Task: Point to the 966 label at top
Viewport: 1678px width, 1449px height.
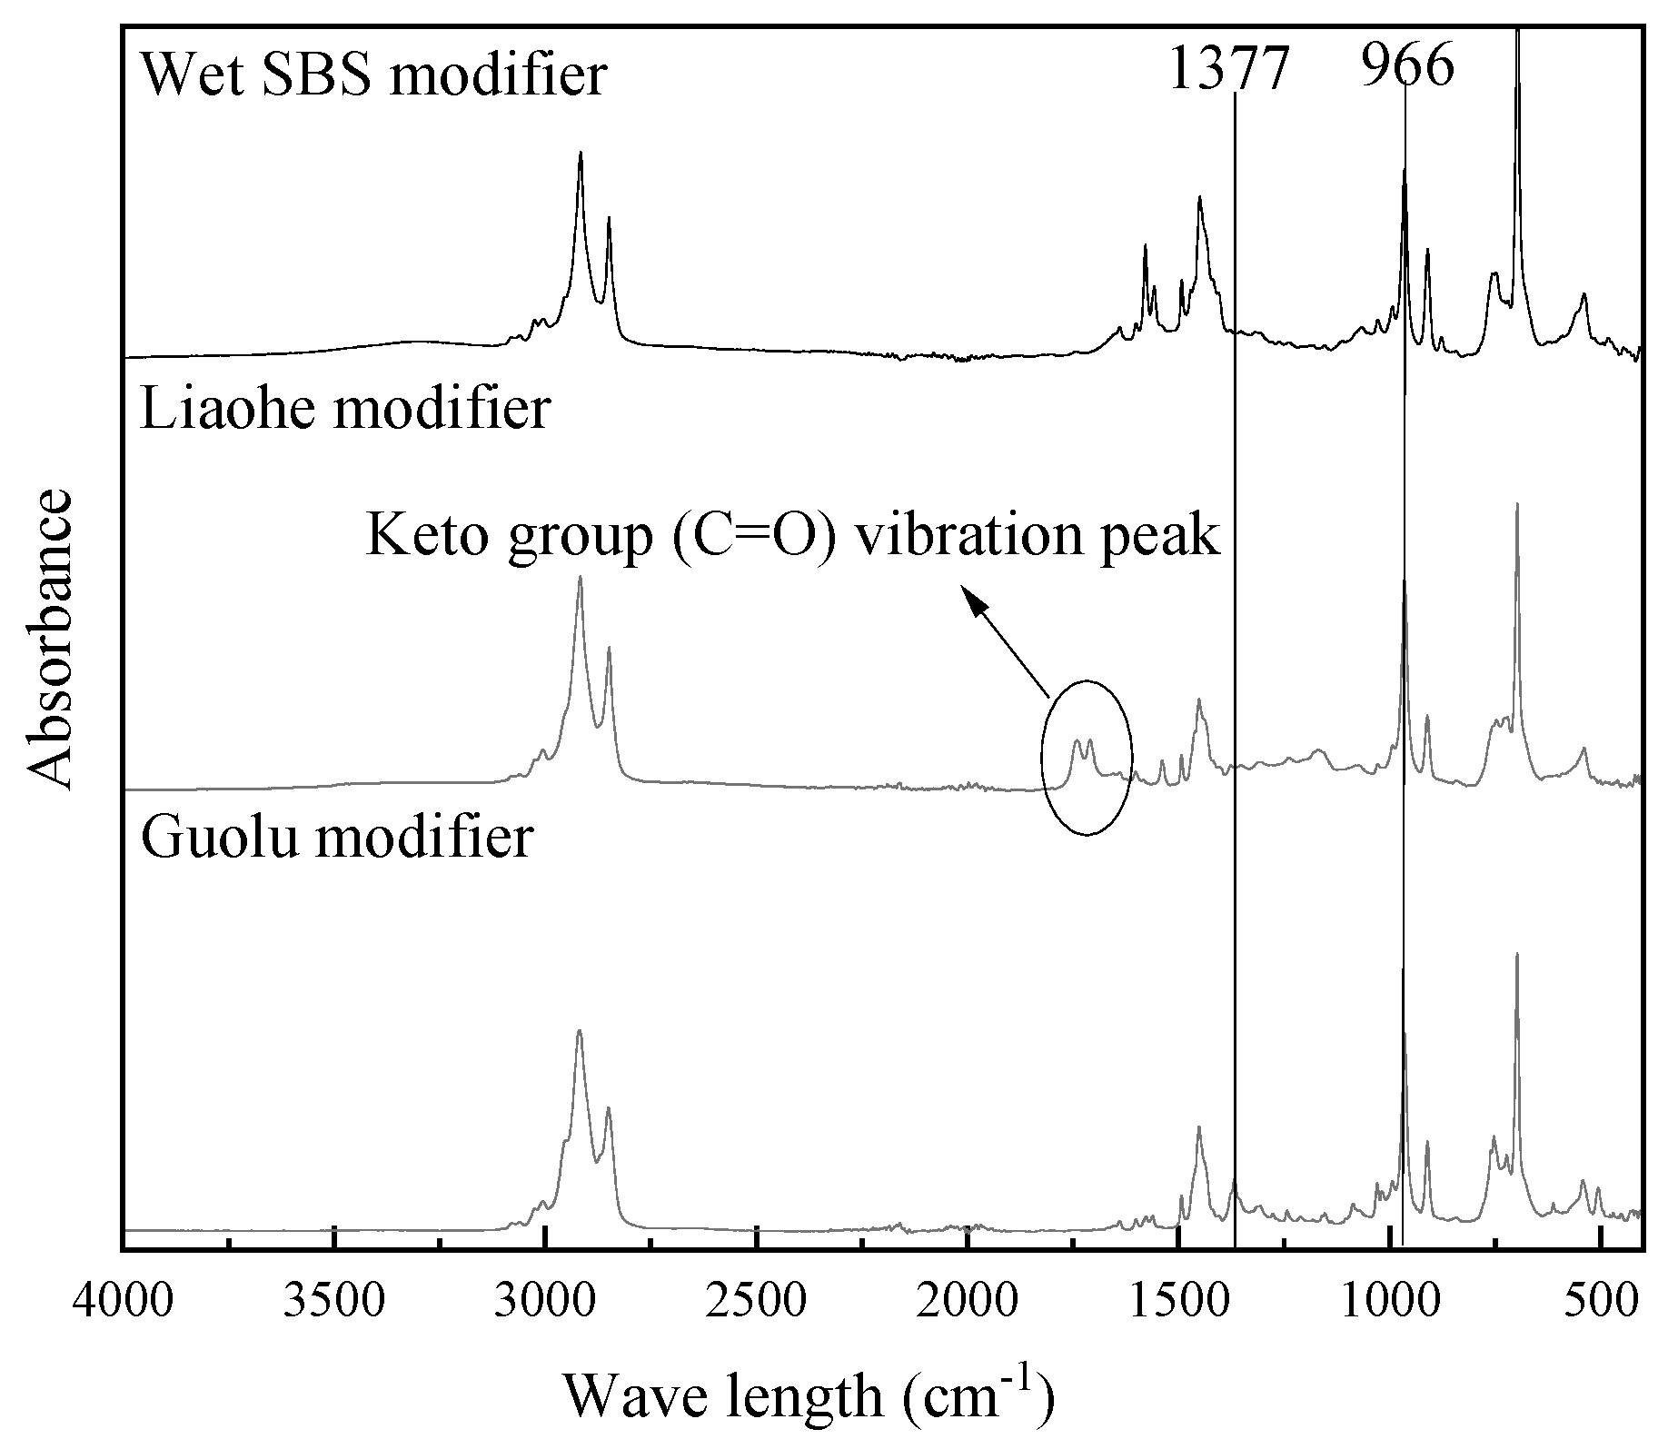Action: [1407, 65]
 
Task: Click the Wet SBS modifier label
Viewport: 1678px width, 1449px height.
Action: [372, 74]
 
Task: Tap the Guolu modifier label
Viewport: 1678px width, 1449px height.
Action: [336, 837]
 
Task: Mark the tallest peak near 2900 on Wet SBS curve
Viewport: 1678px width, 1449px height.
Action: [581, 154]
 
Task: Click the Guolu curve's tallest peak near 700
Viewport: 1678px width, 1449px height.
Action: [1516, 956]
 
